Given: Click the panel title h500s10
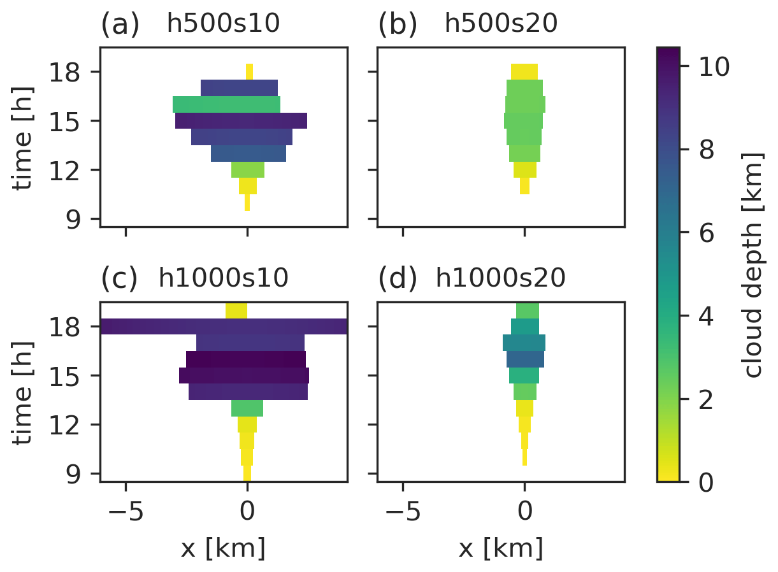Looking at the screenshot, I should pos(223,24).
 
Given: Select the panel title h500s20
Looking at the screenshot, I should pos(501,24).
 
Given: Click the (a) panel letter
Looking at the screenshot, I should pos(120,25).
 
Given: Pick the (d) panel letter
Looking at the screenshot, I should pos(398,278).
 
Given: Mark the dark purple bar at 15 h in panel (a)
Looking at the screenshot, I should pos(241,120).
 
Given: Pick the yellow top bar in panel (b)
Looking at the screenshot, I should pos(524,71).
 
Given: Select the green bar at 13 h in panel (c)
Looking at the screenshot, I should pos(247,408).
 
